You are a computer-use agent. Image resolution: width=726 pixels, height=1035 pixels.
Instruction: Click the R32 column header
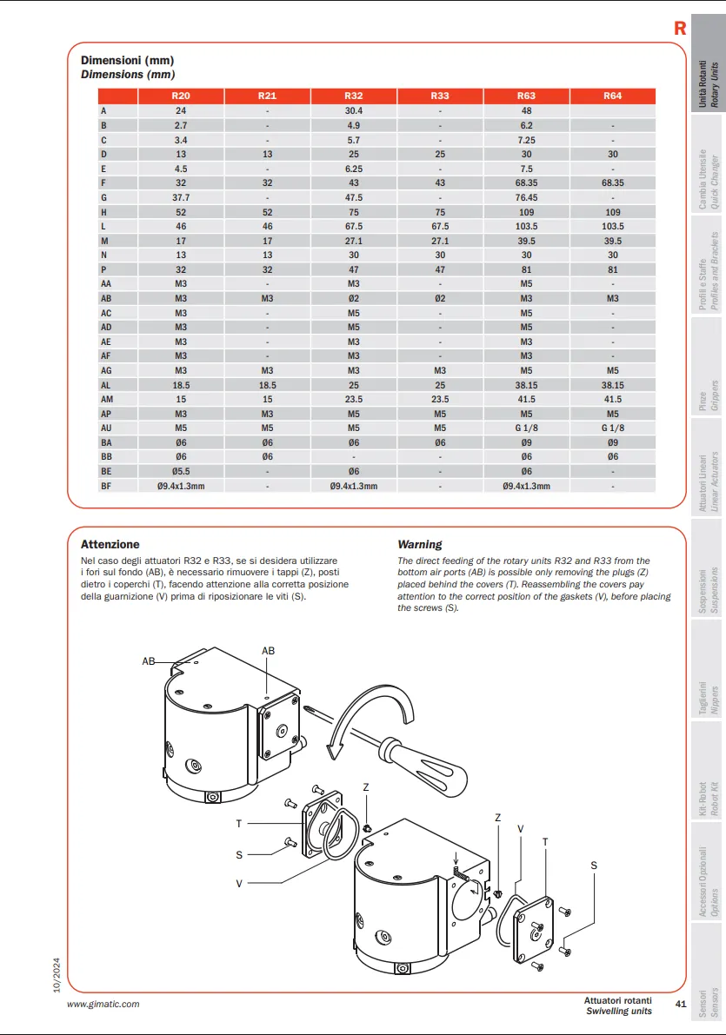tap(354, 96)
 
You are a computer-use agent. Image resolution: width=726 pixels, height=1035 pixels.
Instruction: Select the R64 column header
tap(612, 96)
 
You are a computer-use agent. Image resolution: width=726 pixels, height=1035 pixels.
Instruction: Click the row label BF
tap(106, 486)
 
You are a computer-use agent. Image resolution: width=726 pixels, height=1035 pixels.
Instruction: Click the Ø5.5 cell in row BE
tap(181, 471)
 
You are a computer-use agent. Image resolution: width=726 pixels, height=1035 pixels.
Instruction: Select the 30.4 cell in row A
tap(354, 111)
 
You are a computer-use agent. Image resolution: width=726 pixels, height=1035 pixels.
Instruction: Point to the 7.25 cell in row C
tap(526, 140)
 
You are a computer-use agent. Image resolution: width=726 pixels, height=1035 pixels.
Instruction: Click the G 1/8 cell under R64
tap(612, 428)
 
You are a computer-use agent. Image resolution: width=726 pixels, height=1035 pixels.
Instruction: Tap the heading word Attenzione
tap(110, 545)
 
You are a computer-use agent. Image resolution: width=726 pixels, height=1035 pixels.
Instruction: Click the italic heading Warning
tap(420, 545)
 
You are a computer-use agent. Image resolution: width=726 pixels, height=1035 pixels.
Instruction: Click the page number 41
tap(681, 1005)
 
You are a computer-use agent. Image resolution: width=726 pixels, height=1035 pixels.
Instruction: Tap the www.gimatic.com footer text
tap(103, 1004)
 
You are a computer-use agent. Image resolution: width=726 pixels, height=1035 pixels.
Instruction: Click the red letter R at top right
tap(680, 29)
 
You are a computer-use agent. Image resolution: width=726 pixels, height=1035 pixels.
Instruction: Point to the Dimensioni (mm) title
tap(128, 61)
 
